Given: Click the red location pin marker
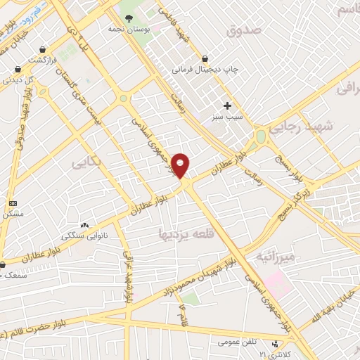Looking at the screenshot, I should [x=181, y=165].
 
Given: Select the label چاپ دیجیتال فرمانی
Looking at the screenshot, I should [x=206, y=70].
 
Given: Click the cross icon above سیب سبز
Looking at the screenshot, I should [x=227, y=105].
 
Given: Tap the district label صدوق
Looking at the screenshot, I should [x=244, y=31].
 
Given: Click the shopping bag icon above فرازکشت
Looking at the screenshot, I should [x=45, y=50].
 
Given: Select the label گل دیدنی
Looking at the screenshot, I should [x=20, y=79].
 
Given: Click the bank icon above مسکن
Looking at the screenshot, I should [x=13, y=202].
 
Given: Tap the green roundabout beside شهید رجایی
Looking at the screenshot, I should [x=261, y=136].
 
